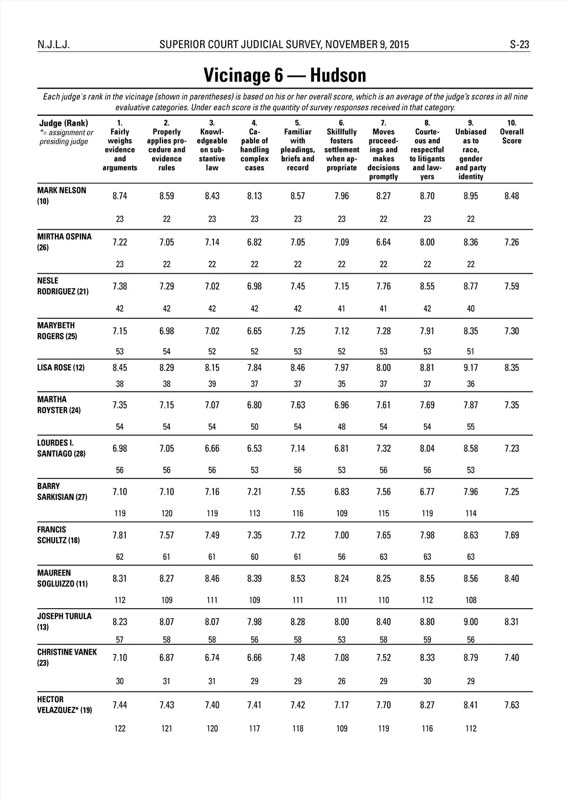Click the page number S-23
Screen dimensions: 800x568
point(519,45)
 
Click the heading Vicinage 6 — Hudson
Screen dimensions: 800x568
point(285,75)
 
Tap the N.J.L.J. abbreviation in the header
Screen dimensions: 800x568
point(54,45)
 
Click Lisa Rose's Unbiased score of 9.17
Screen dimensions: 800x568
point(470,368)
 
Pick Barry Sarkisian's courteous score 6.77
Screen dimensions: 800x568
point(427,492)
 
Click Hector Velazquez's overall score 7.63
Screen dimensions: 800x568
point(511,705)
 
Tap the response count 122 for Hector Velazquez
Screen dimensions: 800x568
point(120,728)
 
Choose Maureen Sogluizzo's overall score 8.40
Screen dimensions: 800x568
point(511,579)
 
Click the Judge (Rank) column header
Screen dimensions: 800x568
point(64,123)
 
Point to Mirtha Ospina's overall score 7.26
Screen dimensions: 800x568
point(511,242)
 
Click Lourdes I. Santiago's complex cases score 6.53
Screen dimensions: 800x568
point(254,449)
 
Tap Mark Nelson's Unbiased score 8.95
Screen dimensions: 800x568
point(470,196)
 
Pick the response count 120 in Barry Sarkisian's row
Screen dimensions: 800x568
point(166,513)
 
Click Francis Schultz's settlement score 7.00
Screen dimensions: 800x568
point(342,536)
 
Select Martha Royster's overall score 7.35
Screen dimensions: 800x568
point(511,405)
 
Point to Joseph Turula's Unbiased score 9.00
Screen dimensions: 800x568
point(470,622)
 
